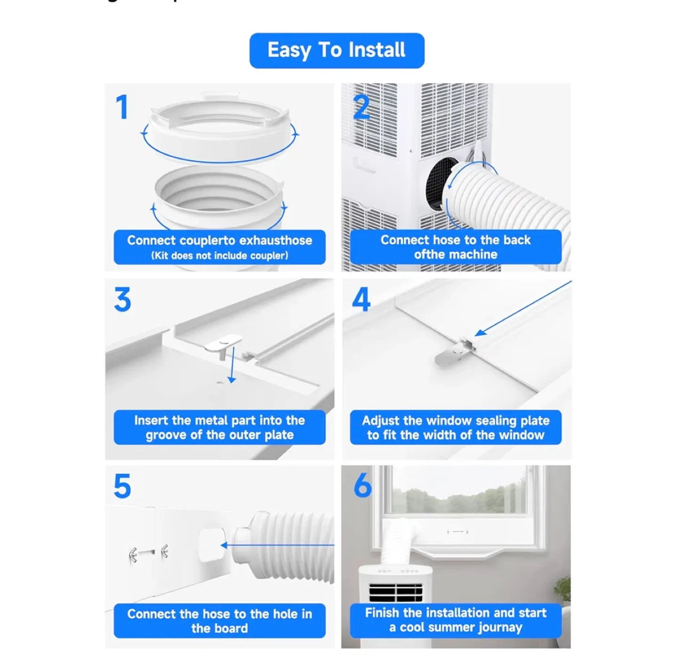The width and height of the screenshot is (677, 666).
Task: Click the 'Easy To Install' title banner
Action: tap(337, 50)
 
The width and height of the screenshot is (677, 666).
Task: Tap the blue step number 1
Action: tap(122, 107)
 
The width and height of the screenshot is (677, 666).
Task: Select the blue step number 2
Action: tap(361, 108)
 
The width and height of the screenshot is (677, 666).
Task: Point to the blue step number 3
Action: tap(123, 300)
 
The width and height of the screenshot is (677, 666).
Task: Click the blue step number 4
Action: tap(361, 300)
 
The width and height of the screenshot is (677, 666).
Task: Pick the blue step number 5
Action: tap(122, 486)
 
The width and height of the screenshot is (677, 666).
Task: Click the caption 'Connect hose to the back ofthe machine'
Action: tap(455, 247)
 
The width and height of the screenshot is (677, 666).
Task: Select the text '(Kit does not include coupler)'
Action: tap(219, 256)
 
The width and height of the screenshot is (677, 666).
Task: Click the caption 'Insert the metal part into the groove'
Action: tap(219, 427)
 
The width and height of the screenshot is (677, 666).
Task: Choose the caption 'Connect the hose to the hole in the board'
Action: tap(219, 621)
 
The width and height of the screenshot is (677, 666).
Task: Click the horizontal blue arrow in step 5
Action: tap(277, 546)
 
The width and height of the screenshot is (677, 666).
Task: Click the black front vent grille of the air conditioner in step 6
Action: tap(395, 593)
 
